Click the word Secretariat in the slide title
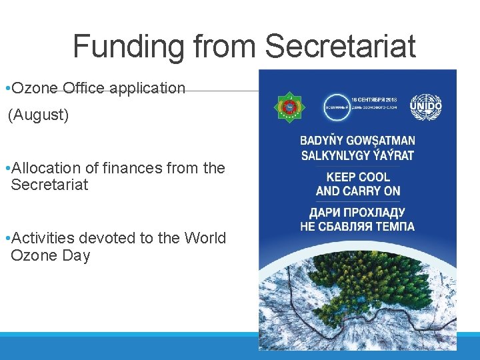point(340,47)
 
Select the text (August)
point(38,115)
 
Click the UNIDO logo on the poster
point(427,106)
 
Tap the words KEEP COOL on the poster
point(358,177)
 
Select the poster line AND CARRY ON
point(358,191)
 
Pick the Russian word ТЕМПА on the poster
point(393,227)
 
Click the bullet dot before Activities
point(6,238)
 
